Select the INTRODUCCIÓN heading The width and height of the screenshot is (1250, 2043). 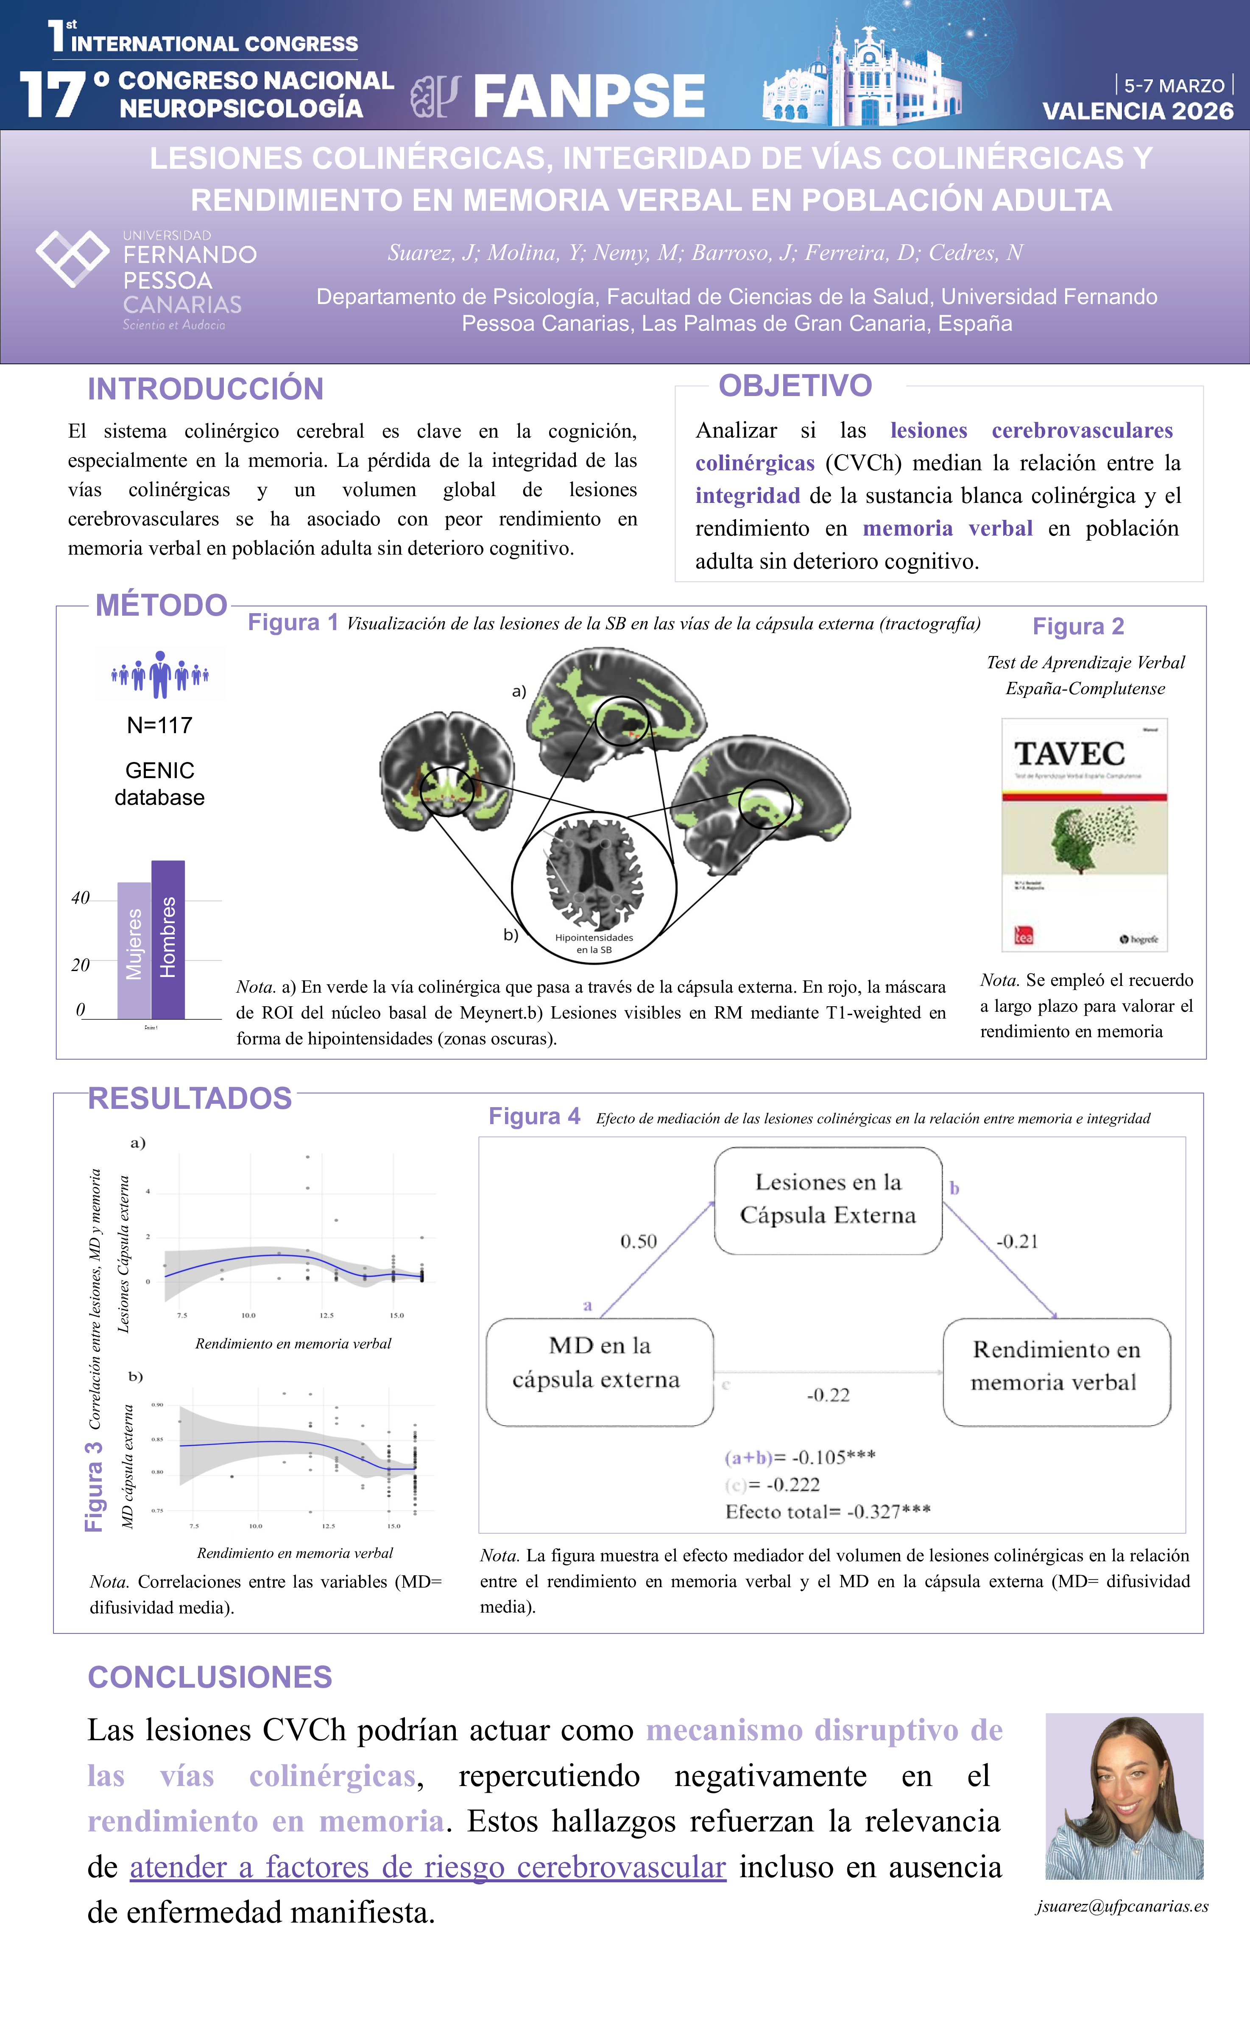coord(206,389)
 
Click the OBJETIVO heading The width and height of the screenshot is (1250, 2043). coord(795,385)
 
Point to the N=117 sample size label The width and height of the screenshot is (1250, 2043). coord(159,726)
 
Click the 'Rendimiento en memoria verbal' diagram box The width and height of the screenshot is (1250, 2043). coord(1056,1365)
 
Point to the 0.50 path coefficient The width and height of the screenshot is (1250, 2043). coord(638,1241)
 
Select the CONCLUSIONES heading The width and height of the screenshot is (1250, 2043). coord(210,1677)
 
